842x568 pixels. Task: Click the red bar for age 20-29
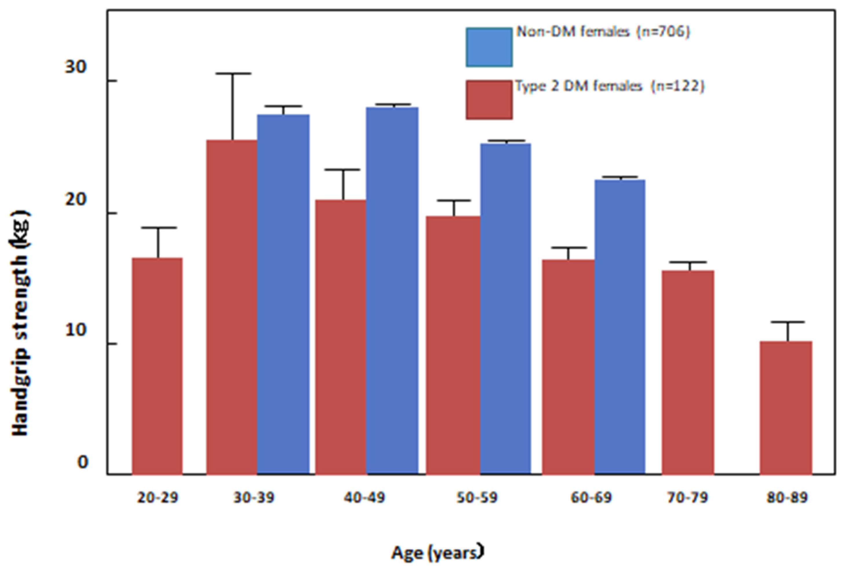157,366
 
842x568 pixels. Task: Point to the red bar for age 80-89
785,407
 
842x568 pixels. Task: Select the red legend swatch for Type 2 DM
489,100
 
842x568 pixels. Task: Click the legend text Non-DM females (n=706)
603,32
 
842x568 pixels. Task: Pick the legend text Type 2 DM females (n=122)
610,86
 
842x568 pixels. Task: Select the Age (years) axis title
437,552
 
